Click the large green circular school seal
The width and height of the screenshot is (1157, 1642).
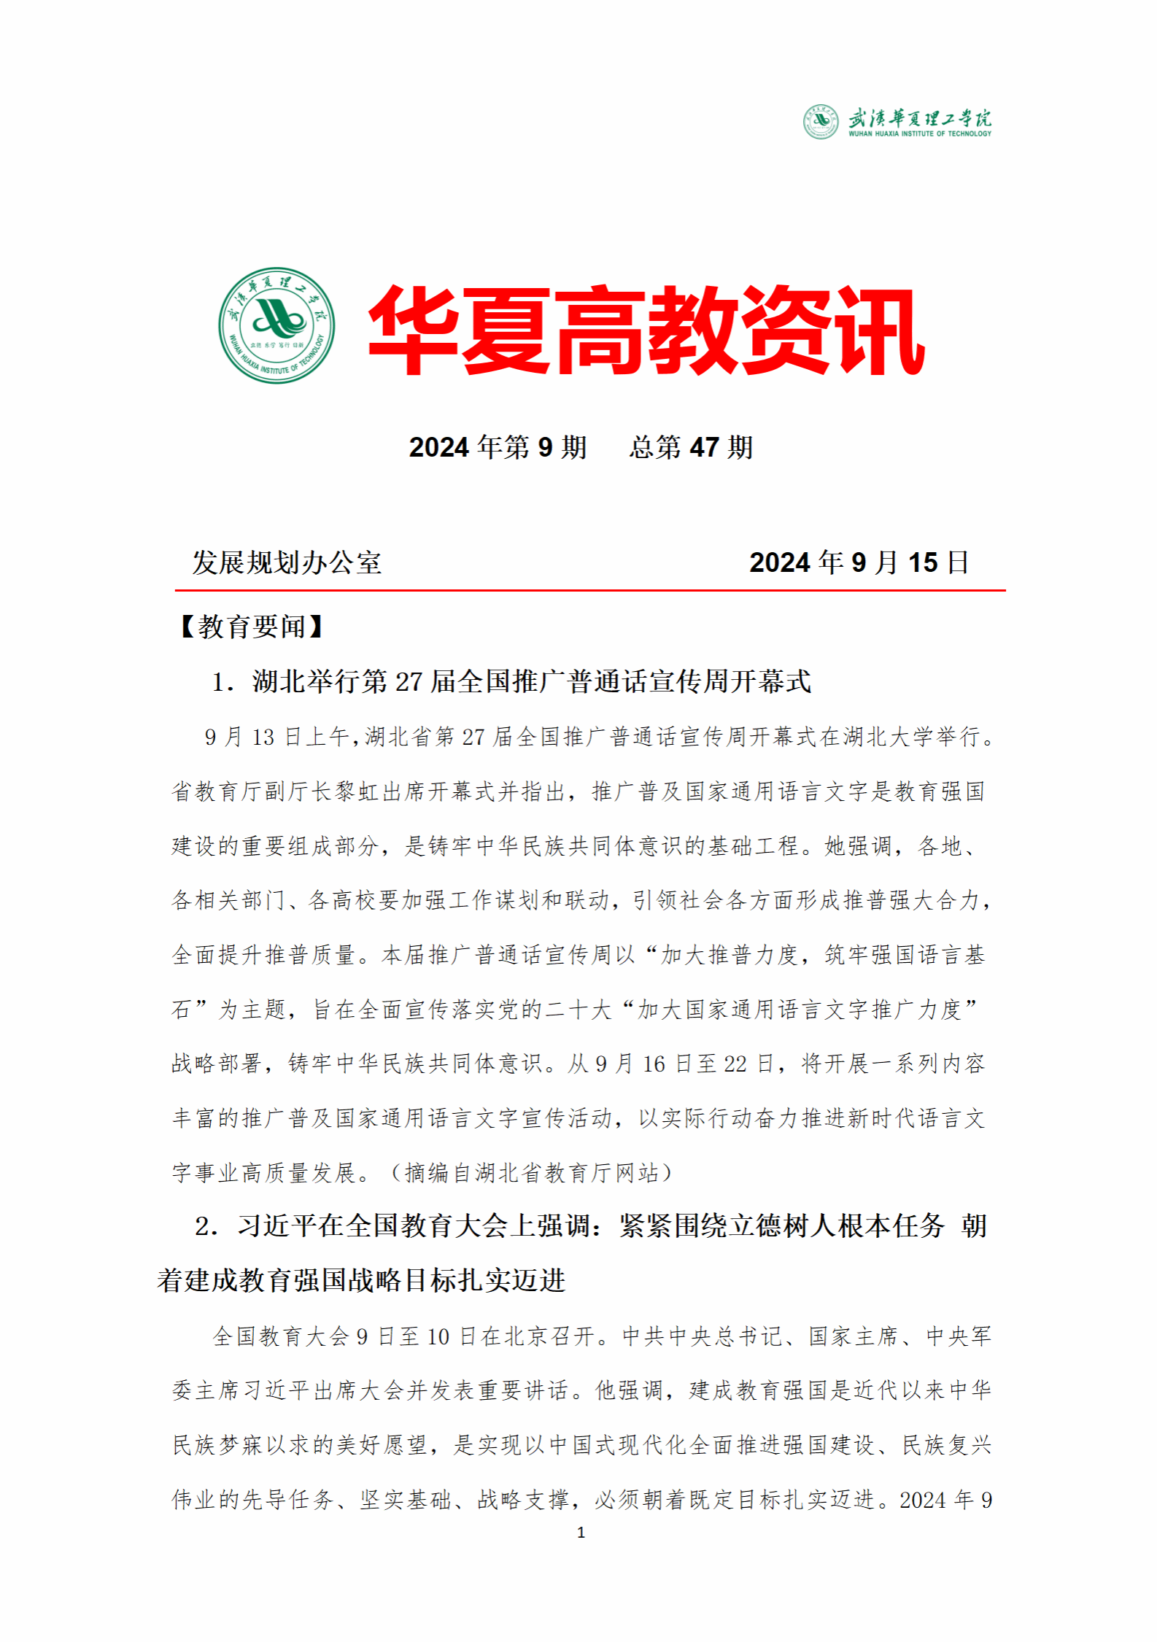pos(276,325)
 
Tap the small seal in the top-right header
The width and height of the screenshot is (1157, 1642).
pos(821,122)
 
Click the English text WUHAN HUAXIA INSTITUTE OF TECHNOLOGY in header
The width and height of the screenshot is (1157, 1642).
pos(919,134)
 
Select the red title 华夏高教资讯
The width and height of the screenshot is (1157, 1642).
pos(646,330)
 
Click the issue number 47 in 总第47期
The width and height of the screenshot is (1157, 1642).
pos(704,447)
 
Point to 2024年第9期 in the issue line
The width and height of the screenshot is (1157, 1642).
pos(498,447)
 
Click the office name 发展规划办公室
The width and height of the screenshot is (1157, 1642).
pos(287,562)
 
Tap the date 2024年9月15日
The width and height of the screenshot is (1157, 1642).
pos(859,562)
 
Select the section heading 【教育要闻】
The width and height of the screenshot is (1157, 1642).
pos(250,627)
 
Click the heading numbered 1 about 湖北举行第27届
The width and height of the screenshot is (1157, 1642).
pos(511,682)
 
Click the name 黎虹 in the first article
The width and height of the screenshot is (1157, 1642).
pos(346,791)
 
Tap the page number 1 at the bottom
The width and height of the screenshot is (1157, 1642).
pos(581,1533)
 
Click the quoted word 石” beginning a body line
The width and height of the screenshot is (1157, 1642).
pos(190,1010)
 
